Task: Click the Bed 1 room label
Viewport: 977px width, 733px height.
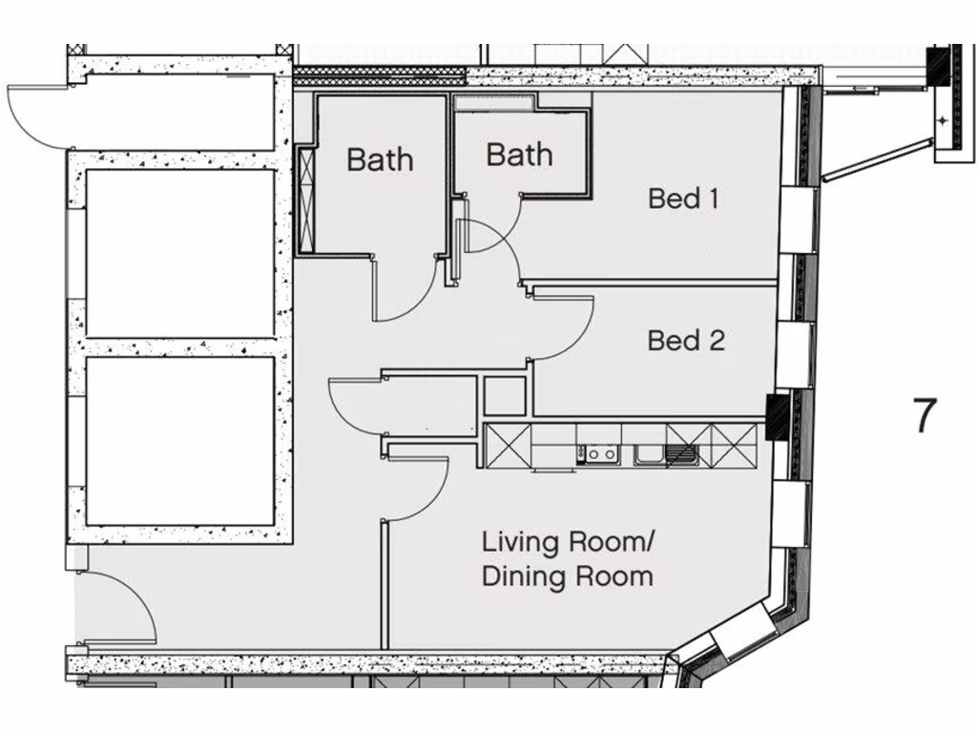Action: tap(683, 199)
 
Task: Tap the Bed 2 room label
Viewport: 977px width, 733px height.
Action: tap(686, 340)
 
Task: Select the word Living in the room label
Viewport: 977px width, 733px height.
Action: tap(522, 543)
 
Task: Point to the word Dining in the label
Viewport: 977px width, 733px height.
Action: tap(522, 576)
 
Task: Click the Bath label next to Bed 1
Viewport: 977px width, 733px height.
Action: tap(519, 155)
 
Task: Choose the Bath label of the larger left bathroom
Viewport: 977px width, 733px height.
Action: tap(380, 159)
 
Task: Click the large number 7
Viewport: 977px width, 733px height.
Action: tap(925, 415)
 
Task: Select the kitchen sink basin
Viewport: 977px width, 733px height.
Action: tap(651, 454)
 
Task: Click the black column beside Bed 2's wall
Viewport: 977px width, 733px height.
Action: tap(779, 417)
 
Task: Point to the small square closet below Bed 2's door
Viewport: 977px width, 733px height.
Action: tap(505, 396)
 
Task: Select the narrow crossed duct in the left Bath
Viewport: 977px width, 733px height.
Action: tap(306, 199)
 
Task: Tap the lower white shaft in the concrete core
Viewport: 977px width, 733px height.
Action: tap(180, 440)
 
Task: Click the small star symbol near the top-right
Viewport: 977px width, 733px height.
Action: tap(943, 120)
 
